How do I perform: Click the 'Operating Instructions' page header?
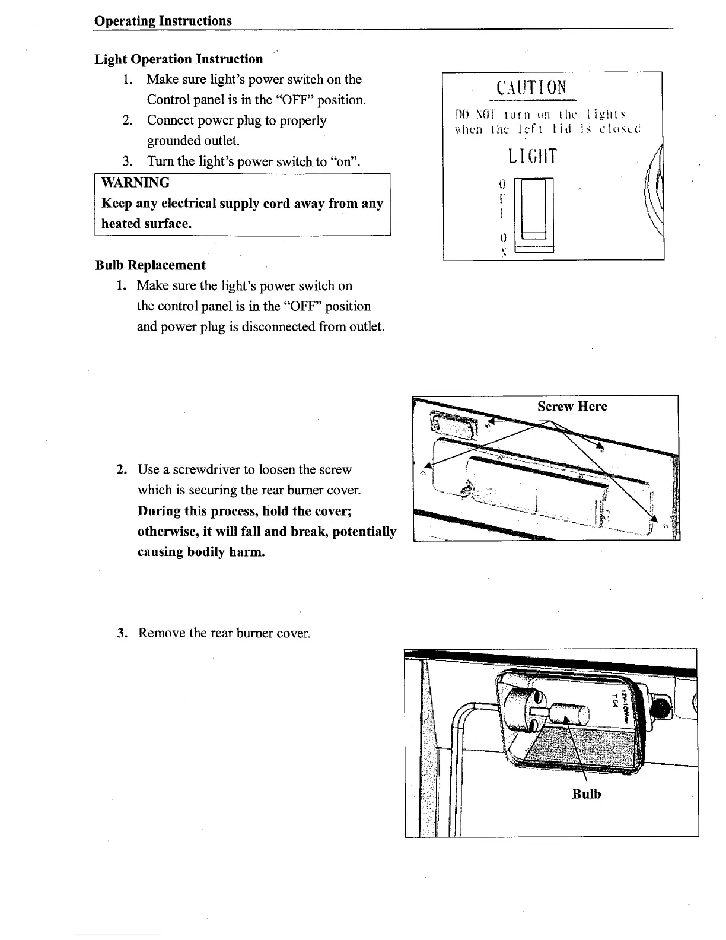163,21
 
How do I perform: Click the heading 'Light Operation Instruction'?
179,59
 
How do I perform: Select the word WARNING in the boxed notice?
135,183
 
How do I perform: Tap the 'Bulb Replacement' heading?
150,265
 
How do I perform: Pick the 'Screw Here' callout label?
572,407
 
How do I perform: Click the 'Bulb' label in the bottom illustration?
586,794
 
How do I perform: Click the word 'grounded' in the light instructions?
174,141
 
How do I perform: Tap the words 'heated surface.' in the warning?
146,224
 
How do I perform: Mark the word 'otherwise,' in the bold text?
166,532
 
